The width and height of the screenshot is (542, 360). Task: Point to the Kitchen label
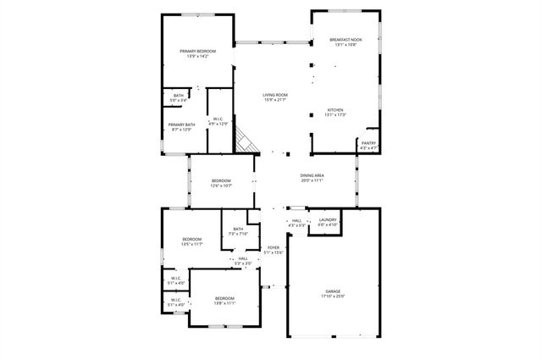click(335, 111)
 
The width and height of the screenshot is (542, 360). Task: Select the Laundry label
click(328, 222)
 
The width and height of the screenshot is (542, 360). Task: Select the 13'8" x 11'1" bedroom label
click(224, 300)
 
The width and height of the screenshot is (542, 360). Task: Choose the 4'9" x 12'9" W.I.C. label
click(218, 121)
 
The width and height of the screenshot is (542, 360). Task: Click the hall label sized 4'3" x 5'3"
click(296, 223)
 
